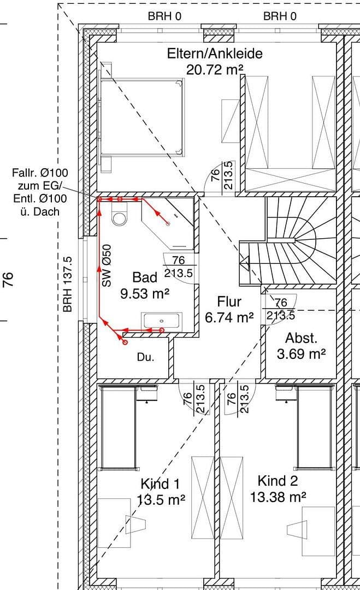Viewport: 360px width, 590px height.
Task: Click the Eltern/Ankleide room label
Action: click(x=215, y=54)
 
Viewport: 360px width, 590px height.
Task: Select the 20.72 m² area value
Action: click(x=215, y=69)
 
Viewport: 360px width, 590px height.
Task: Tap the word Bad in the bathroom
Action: click(x=145, y=277)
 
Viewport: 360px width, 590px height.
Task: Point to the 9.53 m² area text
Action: click(x=145, y=293)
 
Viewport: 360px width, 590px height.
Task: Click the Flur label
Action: click(x=229, y=302)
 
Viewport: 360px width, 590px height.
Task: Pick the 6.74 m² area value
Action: click(x=229, y=317)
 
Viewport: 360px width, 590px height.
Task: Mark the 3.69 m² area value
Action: click(x=301, y=354)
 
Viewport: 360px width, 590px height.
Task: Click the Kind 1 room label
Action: click(x=160, y=484)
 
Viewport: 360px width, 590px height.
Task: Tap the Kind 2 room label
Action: click(x=278, y=481)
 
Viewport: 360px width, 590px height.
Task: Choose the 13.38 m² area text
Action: click(x=278, y=497)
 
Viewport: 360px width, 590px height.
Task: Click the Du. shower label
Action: click(x=145, y=358)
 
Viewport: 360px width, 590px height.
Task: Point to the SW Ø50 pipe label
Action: click(x=107, y=266)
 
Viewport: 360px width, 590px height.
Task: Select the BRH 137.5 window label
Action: click(x=68, y=284)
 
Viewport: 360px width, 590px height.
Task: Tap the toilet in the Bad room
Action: click(x=119, y=216)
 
